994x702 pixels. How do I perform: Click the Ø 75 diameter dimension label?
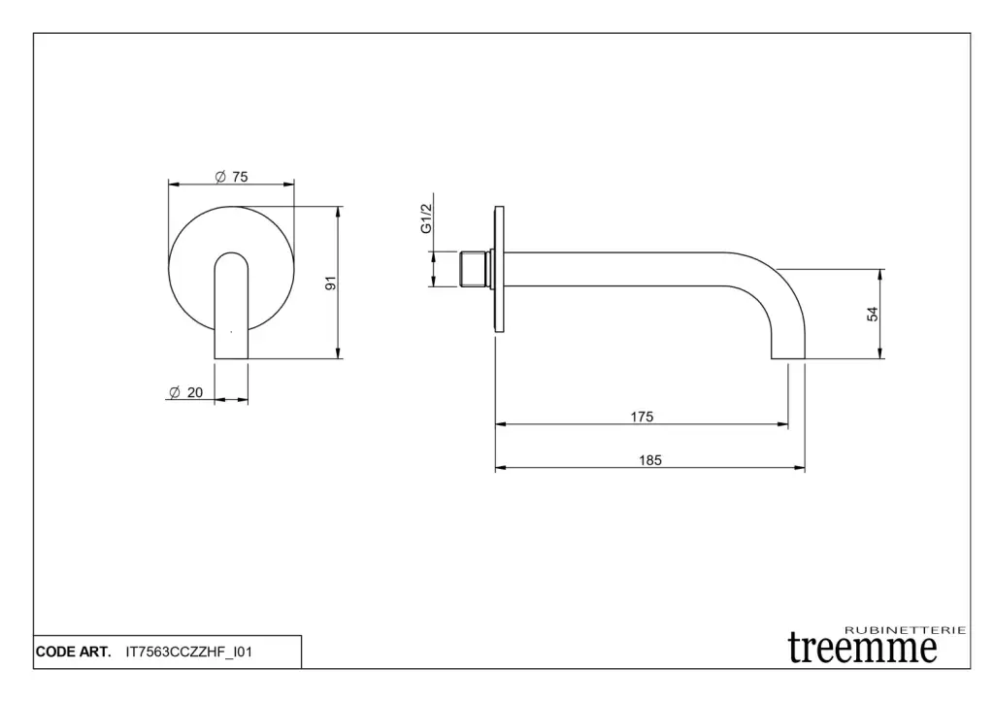231,177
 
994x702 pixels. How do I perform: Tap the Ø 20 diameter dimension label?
186,392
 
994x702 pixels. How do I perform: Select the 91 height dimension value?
330,283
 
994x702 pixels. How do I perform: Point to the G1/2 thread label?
426,218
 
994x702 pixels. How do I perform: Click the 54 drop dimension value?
873,314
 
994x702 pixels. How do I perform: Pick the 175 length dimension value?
642,417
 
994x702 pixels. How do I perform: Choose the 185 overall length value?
649,460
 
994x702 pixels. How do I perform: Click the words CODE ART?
74,652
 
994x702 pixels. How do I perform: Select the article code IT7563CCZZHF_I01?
189,652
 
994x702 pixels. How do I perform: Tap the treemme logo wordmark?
862,648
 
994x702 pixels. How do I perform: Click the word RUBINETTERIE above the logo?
906,630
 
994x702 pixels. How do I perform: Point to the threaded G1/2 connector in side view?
475,269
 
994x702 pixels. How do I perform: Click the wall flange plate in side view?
499,269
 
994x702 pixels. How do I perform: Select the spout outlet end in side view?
788,355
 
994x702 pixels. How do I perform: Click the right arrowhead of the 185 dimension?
800,468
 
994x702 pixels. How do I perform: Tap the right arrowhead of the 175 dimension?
783,424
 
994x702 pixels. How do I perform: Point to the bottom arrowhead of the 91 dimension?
338,353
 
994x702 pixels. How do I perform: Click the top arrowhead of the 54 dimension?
879,275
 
